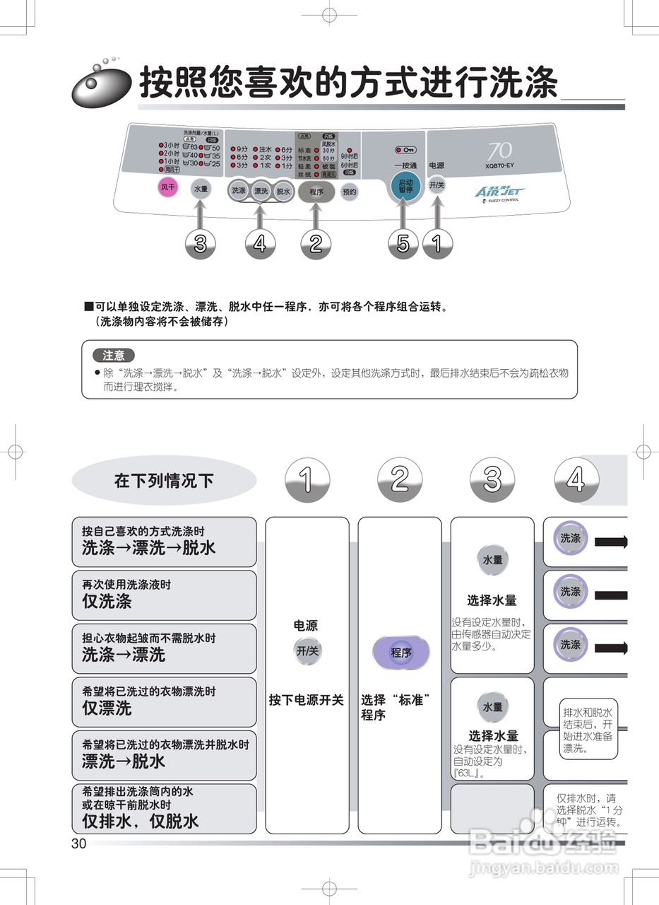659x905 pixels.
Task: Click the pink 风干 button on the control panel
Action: coord(167,188)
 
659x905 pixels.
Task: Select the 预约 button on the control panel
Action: coord(350,192)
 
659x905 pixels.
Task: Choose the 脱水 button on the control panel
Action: coord(283,191)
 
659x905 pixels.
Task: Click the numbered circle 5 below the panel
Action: coord(403,245)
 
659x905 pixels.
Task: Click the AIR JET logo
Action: coord(499,192)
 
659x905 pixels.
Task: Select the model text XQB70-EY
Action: coord(499,166)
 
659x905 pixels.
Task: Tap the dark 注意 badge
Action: coord(113,355)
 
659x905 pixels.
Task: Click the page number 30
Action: coord(78,843)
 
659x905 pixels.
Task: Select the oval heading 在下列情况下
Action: coord(164,481)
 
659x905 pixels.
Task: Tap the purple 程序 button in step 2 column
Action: coord(400,653)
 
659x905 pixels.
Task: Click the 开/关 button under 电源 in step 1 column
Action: coord(307,651)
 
